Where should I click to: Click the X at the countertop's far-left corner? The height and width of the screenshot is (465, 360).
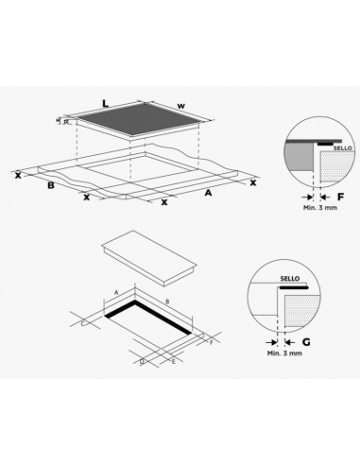[x=18, y=175]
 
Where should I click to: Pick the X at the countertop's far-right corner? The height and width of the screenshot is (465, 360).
[x=252, y=182]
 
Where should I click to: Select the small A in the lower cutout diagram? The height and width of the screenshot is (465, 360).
[x=116, y=294]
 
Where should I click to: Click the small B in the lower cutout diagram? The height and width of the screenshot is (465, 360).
[x=166, y=301]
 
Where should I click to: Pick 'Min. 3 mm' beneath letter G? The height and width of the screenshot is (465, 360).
[x=283, y=353]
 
